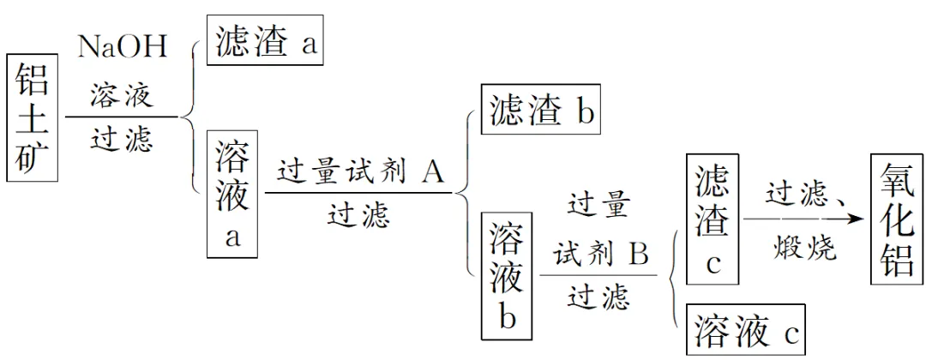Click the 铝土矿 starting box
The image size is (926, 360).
click(33, 117)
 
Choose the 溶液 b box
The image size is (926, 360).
click(508, 274)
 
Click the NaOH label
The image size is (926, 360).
click(123, 48)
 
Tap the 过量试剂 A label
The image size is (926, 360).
click(359, 173)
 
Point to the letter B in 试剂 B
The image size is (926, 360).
click(638, 254)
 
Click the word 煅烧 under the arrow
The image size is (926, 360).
click(803, 250)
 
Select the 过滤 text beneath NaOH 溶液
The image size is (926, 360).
click(122, 138)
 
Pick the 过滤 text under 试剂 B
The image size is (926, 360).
click(598, 296)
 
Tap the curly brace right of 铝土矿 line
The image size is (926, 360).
click(190, 115)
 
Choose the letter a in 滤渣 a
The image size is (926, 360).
click(308, 45)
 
